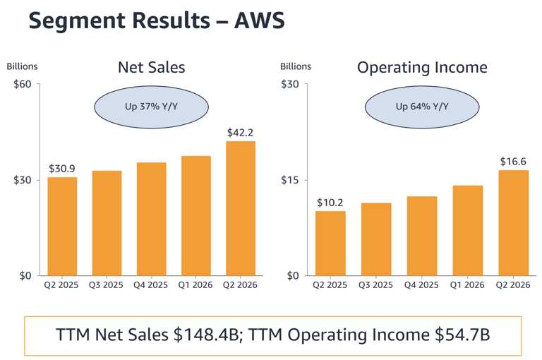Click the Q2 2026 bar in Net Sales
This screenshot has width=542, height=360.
241,208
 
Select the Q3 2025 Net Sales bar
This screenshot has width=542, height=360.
107,223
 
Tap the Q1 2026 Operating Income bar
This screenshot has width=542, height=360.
468,230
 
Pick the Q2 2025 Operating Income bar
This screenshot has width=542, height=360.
330,243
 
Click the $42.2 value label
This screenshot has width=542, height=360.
240,133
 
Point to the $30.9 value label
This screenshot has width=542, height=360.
62,169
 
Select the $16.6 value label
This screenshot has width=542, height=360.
513,162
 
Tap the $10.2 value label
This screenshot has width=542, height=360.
330,203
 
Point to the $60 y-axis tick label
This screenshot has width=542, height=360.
22,84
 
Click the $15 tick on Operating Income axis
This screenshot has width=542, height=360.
290,180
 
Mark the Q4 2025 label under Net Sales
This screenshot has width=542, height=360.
151,285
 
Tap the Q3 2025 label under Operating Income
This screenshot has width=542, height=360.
375,285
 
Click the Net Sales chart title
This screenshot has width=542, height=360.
152,68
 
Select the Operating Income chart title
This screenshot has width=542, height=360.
422,68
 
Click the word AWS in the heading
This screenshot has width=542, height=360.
260,20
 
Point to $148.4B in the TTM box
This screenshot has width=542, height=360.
206,335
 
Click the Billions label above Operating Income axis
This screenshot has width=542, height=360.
296,66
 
